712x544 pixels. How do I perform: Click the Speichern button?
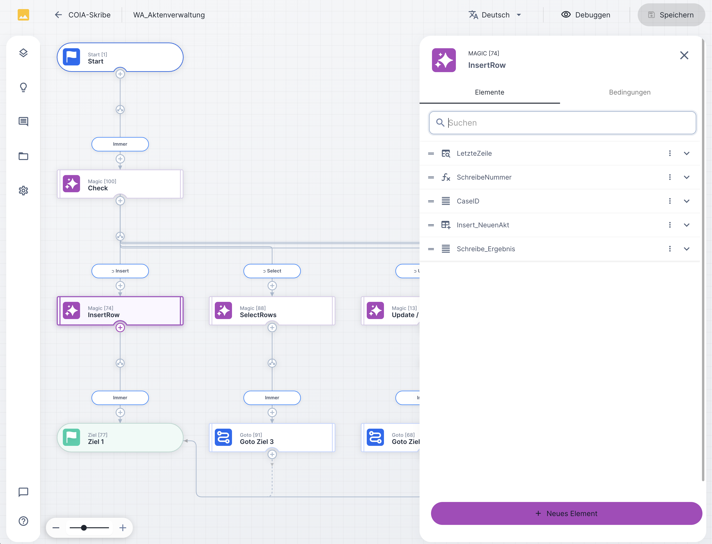671,15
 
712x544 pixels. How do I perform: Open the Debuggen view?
586,15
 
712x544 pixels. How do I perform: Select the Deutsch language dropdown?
495,15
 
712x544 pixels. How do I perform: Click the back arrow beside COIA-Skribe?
58,15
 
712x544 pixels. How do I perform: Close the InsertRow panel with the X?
684,55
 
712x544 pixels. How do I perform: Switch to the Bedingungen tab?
629,92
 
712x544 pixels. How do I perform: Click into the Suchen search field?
562,123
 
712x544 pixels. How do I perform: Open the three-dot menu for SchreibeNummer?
669,177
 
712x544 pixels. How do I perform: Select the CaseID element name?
468,201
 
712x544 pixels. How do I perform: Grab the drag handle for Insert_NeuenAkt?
431,225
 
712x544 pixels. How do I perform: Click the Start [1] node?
120,57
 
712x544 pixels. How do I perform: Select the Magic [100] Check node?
120,184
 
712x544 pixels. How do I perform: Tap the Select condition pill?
272,271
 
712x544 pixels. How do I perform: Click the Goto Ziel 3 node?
272,437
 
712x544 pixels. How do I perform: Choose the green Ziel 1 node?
120,437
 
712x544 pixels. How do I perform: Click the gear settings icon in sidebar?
23,190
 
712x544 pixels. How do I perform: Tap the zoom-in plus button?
122,528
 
